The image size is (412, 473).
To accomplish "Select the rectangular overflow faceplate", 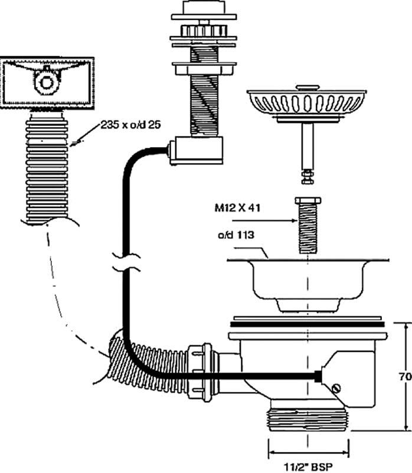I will pos(47,82).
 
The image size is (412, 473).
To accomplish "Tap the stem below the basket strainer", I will pos(306,145).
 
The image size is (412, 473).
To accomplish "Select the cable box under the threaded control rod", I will pos(196,151).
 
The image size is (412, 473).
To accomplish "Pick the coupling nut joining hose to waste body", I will pos(200,372).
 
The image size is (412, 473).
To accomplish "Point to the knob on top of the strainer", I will pos(306,87).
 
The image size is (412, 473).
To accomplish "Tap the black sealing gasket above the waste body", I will pos(307,325).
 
